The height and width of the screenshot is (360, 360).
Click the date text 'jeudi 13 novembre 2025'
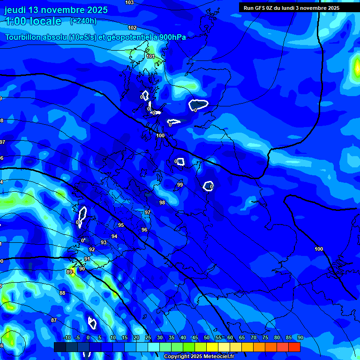(56, 10)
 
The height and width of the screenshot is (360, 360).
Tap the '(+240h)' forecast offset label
(83, 21)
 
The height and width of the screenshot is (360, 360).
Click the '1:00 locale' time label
(33, 21)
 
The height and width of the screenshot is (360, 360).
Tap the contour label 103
(129, 2)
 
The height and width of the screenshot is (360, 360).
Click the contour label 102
(132, 28)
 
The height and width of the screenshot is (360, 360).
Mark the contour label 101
(150, 56)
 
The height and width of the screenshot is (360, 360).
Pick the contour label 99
(180, 185)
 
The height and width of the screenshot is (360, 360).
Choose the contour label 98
(162, 202)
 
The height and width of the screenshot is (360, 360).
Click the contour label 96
(144, 230)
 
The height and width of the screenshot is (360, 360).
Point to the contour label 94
(114, 236)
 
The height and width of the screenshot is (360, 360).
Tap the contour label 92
(92, 249)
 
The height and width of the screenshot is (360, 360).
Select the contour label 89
(69, 272)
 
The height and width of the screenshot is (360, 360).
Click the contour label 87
(54, 320)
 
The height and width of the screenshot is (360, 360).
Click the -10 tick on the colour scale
(67, 337)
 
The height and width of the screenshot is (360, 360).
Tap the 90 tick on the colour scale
(300, 337)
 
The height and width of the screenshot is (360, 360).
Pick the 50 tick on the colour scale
(207, 337)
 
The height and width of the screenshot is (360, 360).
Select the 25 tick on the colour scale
(148, 337)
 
